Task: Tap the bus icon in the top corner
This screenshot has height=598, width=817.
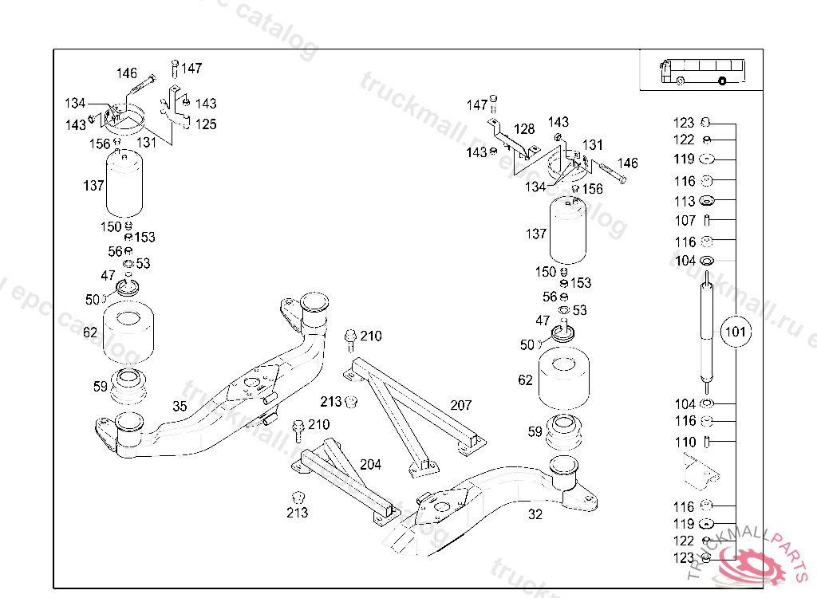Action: tap(701, 71)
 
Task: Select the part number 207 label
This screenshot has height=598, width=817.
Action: tap(460, 406)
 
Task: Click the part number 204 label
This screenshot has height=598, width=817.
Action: tap(370, 464)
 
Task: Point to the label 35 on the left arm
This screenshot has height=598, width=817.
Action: tap(180, 407)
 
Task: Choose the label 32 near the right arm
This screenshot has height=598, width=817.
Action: tap(535, 514)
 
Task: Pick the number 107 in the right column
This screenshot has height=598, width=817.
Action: tap(685, 221)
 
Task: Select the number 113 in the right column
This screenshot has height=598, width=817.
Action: tap(685, 202)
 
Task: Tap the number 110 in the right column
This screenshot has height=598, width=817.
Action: tap(685, 442)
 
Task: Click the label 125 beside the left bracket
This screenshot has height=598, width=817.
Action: tap(206, 124)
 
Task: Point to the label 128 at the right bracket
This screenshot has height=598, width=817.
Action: tap(524, 129)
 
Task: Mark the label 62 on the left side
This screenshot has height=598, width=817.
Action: tap(91, 332)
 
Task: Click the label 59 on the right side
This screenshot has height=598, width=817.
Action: tap(535, 432)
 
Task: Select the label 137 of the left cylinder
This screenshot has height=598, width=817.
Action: tap(94, 186)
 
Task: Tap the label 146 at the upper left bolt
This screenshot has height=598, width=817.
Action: tap(127, 73)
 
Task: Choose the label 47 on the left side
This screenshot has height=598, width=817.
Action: tap(108, 275)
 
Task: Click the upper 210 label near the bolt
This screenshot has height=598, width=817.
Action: tap(371, 336)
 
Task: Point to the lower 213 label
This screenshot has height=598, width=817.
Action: tap(297, 513)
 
